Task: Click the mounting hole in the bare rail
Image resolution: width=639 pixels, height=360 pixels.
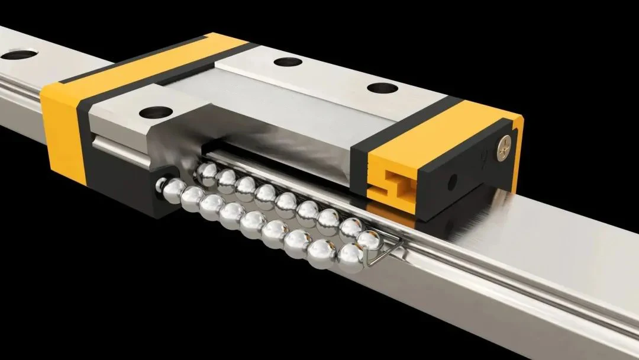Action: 10,56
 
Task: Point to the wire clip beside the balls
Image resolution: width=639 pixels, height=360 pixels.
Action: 385,249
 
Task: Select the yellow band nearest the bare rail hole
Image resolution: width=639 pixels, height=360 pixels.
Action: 59,118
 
